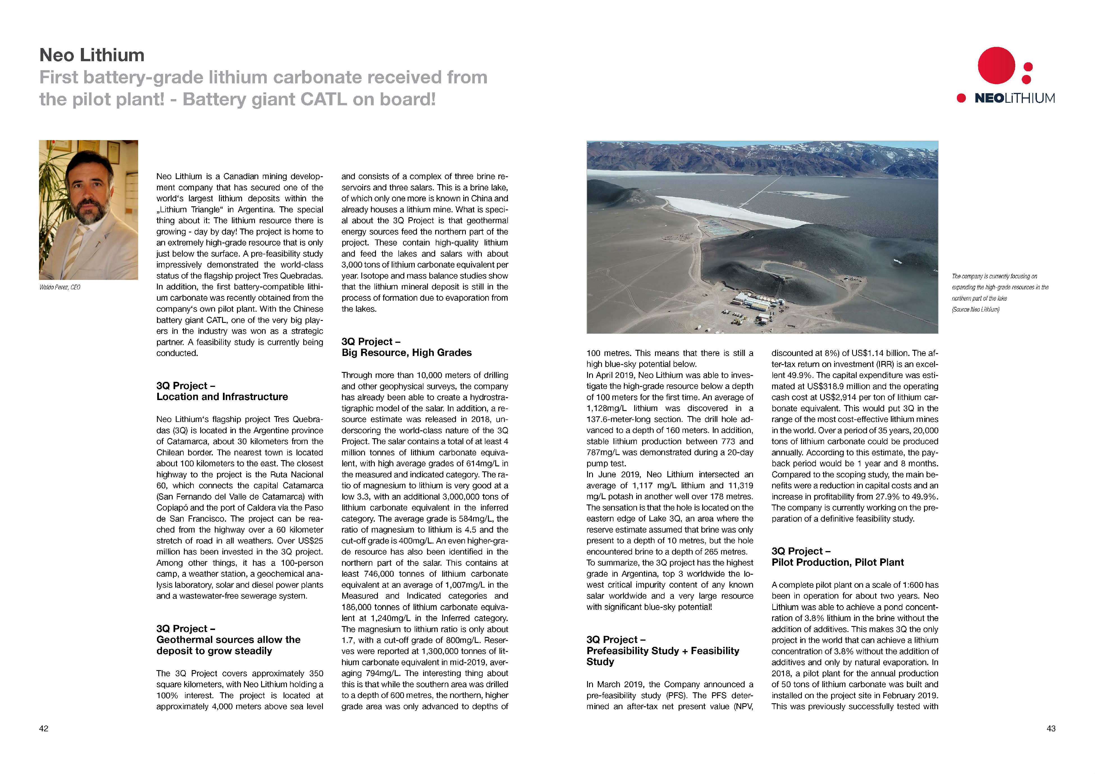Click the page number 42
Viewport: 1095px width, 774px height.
44,728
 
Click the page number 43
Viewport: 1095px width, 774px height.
1051,728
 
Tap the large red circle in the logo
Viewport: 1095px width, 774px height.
996,65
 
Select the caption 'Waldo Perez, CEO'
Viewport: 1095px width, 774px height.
60,287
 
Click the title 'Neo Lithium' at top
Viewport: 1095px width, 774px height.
92,55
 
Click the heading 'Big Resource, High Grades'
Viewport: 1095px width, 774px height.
406,352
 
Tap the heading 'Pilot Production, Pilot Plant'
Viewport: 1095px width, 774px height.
838,562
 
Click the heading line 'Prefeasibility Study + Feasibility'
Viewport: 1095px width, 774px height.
662,650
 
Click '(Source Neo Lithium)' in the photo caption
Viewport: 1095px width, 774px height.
975,309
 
